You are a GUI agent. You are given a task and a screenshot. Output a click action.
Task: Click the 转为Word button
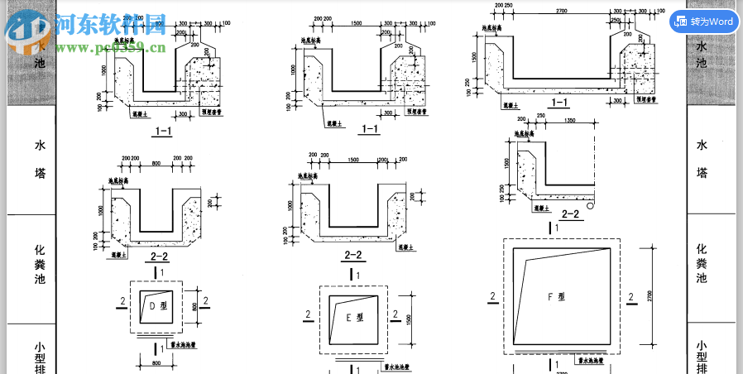pos(703,22)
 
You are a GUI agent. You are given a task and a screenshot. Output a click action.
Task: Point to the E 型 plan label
pos(354,316)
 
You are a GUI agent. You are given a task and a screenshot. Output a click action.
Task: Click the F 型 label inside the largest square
pos(556,296)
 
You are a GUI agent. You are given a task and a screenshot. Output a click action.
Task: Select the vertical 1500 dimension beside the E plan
pos(408,318)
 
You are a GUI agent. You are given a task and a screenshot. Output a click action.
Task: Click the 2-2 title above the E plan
pos(353,256)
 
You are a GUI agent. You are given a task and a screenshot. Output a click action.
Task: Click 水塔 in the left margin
pos(40,160)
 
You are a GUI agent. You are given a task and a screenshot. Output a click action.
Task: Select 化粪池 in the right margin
pos(702,263)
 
